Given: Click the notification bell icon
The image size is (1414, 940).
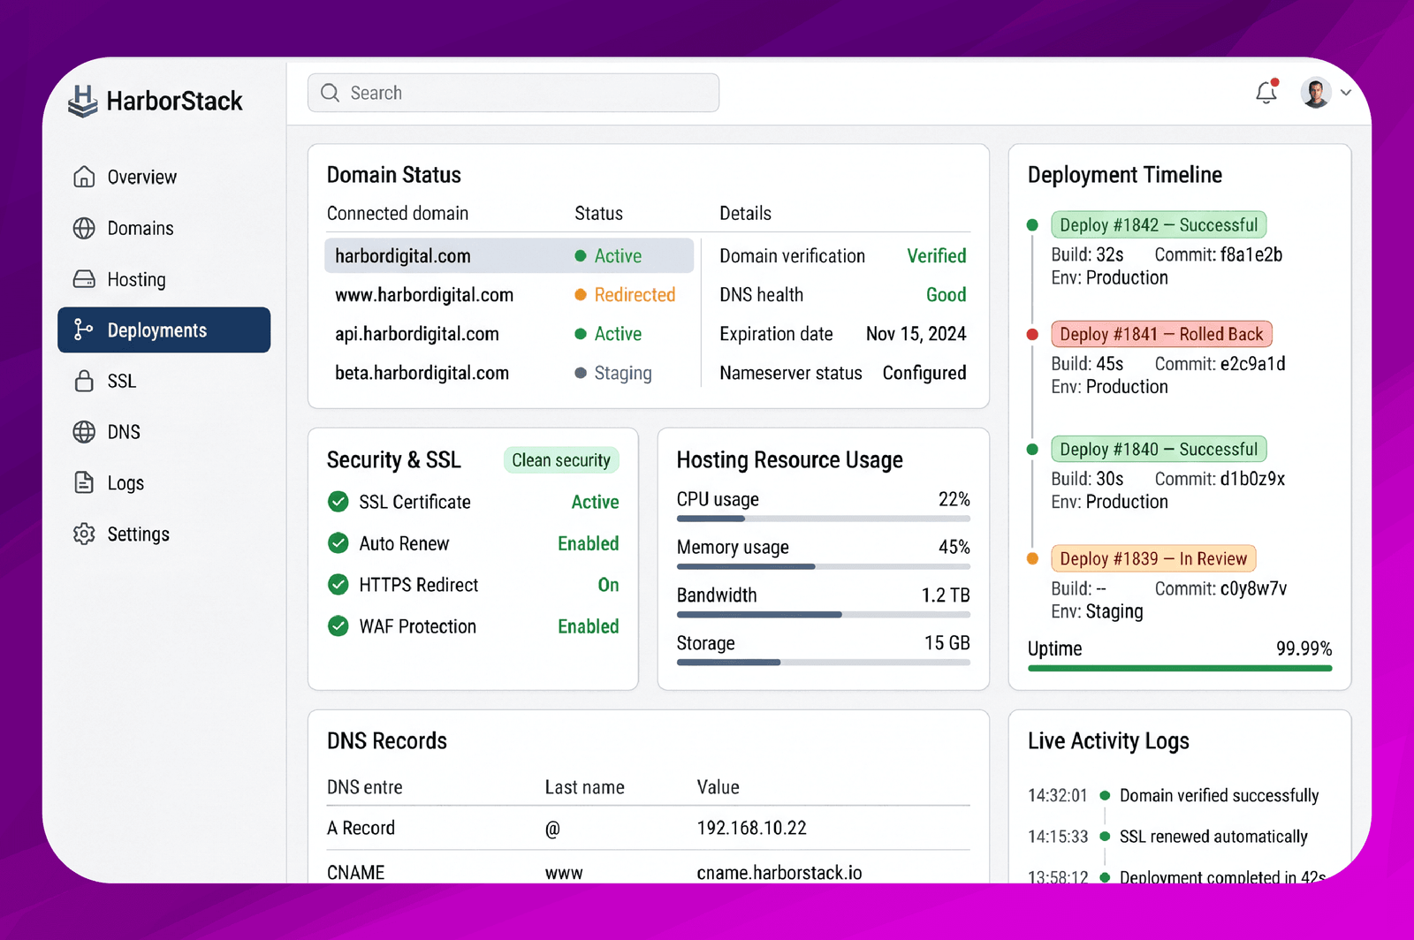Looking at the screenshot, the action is (x=1266, y=92).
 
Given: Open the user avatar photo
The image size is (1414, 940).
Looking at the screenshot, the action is (x=1316, y=93).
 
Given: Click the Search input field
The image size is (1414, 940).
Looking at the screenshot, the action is (x=513, y=93).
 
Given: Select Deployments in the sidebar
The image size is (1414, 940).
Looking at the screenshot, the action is (x=164, y=330).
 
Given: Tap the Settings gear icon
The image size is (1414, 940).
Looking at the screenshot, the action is (x=84, y=534).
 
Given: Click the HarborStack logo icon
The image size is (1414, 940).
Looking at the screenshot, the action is (x=83, y=101).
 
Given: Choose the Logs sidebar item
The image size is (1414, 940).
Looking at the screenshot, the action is (x=125, y=482).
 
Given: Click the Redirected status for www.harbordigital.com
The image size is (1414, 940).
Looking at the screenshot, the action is (x=635, y=294).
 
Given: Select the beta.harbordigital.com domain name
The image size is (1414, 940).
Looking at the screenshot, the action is (x=422, y=373).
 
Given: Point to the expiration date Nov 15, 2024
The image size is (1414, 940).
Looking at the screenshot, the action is (x=916, y=334).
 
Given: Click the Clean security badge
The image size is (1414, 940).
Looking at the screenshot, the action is (x=561, y=460).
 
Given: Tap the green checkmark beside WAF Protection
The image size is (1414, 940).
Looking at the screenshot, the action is (x=338, y=625).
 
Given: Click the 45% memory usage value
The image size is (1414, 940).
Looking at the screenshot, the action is (x=954, y=546).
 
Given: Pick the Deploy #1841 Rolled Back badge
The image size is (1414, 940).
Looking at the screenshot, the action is (x=1161, y=334).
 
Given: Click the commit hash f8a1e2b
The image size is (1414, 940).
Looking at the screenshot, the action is (x=1251, y=254).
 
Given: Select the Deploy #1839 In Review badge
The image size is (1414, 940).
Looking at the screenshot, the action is (x=1153, y=558).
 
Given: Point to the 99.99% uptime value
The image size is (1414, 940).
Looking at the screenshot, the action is (x=1304, y=648).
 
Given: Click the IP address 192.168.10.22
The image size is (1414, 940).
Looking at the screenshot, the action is (x=752, y=828).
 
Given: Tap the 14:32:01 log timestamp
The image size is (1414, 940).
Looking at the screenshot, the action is (x=1057, y=795).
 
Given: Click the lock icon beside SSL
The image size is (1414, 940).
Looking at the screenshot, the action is (x=84, y=381).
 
